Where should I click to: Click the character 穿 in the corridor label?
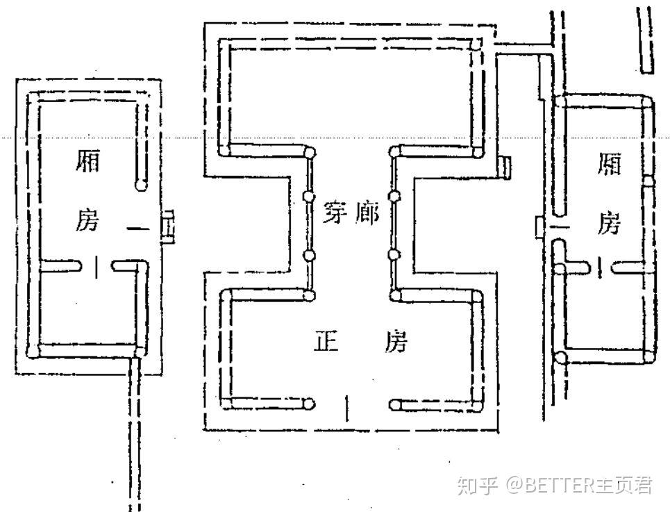334,214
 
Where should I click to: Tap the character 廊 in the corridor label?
368,214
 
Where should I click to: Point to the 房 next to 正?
396,342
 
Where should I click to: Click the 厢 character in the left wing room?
86,164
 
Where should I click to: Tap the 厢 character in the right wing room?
608,165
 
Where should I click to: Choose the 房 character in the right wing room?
608,224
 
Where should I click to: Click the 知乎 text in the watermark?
476,484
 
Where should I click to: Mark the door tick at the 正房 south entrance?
347,408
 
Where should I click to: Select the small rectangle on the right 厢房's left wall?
539,226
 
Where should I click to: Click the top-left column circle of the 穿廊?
310,152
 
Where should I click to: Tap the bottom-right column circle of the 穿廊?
395,296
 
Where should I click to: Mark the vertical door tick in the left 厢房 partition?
97,265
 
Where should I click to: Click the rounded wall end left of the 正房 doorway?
309,403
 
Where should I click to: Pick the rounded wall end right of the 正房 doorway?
395,403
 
